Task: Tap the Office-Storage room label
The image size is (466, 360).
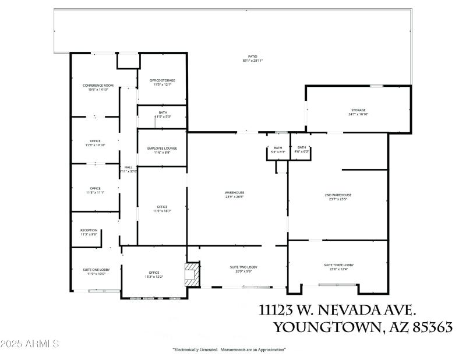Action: [162, 80]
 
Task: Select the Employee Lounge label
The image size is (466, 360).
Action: [162, 148]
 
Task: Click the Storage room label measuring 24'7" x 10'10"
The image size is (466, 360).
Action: [358, 110]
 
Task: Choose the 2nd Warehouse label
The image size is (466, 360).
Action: [338, 195]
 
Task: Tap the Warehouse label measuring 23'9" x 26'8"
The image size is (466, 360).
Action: [235, 193]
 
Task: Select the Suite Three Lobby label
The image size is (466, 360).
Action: [338, 265]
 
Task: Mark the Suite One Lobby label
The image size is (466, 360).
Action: [96, 270]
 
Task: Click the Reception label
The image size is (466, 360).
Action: [89, 230]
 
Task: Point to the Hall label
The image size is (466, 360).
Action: [128, 167]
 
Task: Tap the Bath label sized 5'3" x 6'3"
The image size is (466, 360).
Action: [278, 148]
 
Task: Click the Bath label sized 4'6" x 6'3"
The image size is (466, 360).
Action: [301, 148]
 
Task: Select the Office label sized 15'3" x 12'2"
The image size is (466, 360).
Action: [154, 272]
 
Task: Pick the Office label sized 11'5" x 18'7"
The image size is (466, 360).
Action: [162, 207]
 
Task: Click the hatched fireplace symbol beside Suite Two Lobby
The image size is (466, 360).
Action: [192, 274]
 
